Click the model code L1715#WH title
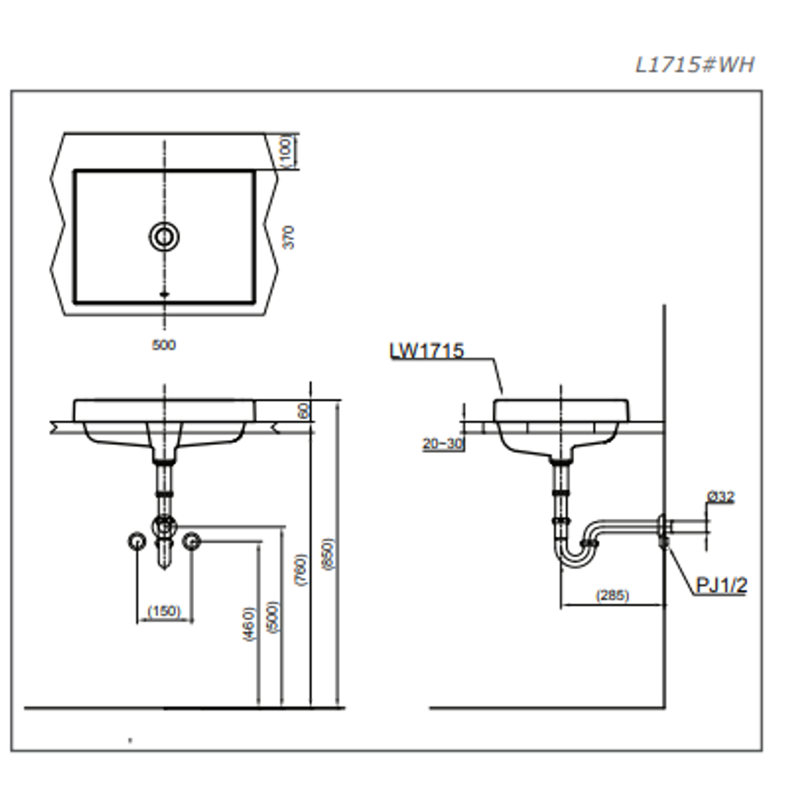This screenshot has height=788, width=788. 694,65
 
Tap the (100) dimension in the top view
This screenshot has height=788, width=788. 286,151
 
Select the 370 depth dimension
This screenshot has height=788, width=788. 289,237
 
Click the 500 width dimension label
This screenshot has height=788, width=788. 163,345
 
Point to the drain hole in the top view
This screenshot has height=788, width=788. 164,236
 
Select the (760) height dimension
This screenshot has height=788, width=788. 301,569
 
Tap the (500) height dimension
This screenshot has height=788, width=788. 273,617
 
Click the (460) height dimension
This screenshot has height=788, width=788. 250,624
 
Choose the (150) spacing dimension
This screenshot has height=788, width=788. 164,611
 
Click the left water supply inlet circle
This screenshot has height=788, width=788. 136,541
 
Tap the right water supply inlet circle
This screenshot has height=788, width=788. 191,541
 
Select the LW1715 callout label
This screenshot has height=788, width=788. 427,351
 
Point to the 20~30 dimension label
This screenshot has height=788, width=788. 442,443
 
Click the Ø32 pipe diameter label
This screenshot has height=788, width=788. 721,497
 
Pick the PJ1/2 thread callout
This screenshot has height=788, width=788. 721,585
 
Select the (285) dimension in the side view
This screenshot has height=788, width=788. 612,595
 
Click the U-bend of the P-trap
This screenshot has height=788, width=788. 572,556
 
